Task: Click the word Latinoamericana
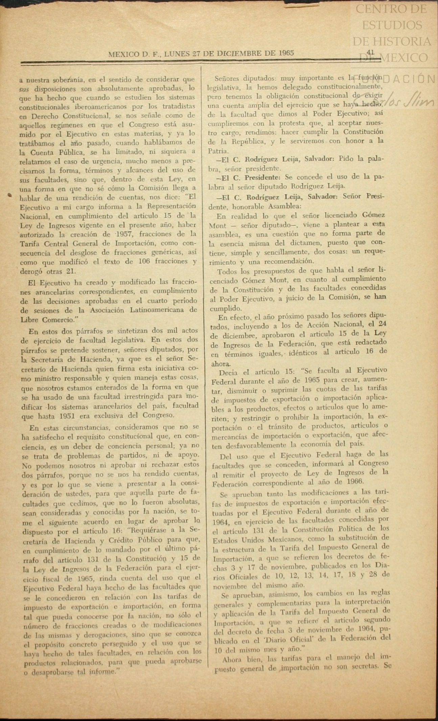point(155,310)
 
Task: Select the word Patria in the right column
point(218,151)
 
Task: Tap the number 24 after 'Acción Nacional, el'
point(381,324)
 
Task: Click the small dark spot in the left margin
point(10,195)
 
